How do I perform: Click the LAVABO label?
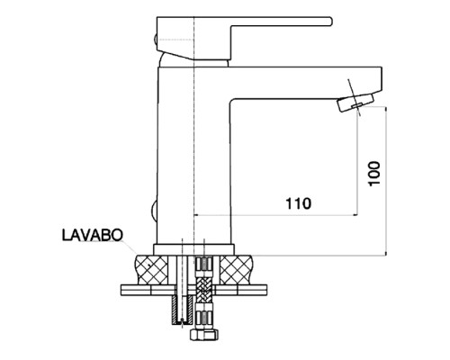coord(93,235)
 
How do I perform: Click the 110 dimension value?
coord(298,204)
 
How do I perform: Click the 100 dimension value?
coord(374,174)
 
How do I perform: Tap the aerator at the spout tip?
coord(355,103)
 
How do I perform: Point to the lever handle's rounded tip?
coord(330,22)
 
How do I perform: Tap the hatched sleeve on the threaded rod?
coord(182,310)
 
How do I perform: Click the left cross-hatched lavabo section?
coord(152,269)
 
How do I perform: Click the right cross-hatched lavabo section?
coord(237,269)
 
